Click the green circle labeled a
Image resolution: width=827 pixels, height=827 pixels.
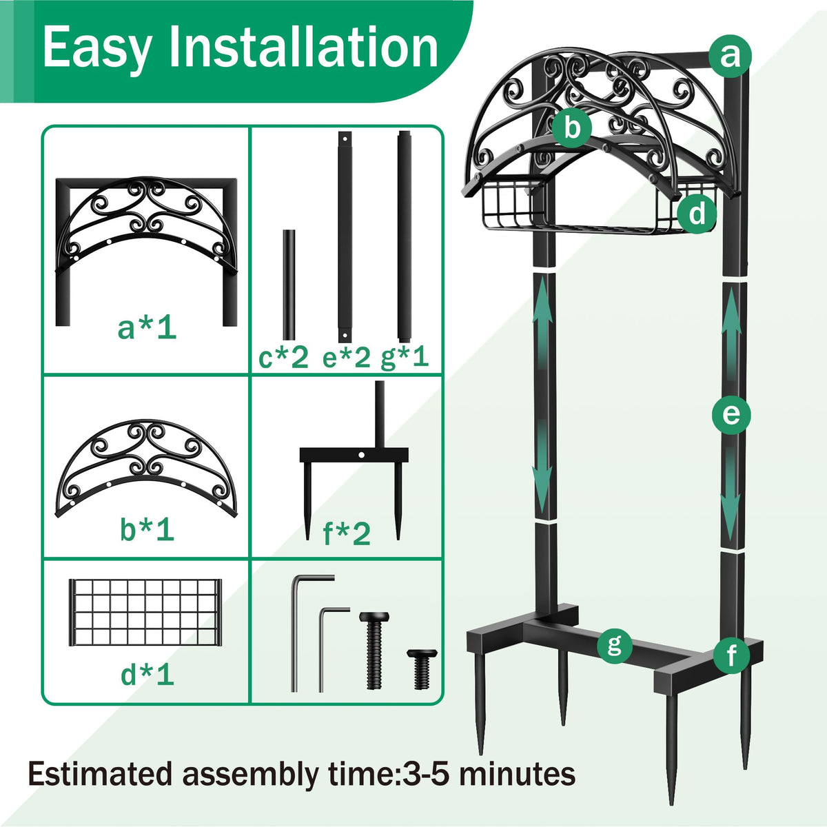click(730, 56)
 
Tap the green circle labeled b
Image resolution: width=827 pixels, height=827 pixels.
click(571, 127)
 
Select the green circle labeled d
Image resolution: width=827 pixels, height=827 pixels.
click(697, 213)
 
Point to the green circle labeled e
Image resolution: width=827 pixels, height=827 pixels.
click(731, 415)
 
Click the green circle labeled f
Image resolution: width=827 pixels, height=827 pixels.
click(732, 655)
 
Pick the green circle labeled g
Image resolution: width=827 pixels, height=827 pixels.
click(615, 646)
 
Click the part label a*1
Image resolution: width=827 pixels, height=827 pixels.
click(147, 328)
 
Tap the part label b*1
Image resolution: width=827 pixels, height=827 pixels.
click(147, 529)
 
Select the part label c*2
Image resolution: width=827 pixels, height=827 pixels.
click(284, 358)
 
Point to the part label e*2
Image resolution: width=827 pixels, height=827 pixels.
click(347, 358)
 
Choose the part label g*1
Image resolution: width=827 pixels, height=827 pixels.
click(405, 358)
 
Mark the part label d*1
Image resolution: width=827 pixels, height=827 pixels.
click(147, 675)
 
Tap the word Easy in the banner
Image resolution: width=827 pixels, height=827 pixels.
click(97, 50)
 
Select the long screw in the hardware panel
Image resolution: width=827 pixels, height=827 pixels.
click(374, 650)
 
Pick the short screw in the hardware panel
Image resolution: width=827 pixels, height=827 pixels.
click(422, 669)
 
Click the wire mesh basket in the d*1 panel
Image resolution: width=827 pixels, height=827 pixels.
click(145, 613)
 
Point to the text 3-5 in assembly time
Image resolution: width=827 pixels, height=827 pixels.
click(423, 774)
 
